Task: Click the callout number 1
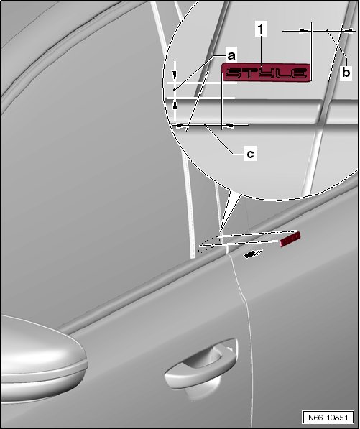pos(262,29)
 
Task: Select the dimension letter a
pos(231,56)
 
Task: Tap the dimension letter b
pos(346,73)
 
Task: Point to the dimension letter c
pos(250,154)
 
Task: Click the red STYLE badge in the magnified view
pos(266,73)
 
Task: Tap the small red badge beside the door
pos(290,239)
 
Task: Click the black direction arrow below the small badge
pos(253,254)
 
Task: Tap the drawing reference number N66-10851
pos(328,418)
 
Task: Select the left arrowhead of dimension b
pos(305,31)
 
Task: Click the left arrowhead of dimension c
pos(181,126)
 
